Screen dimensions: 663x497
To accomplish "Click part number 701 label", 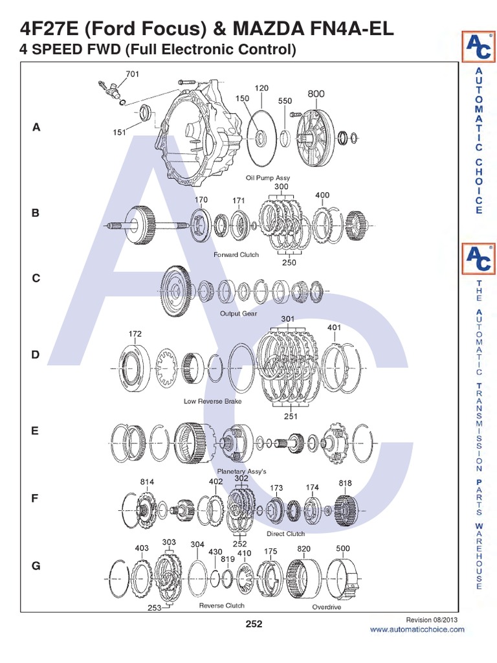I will pyautogui.click(x=132, y=74).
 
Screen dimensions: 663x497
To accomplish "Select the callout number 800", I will pyautogui.click(x=316, y=94).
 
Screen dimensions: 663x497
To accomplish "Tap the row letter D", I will pyautogui.click(x=36, y=355).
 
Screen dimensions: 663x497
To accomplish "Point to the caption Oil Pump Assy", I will pyautogui.click(x=268, y=177).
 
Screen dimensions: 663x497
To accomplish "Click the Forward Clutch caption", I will pyautogui.click(x=236, y=254).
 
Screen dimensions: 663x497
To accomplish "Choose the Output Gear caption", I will pyautogui.click(x=238, y=313).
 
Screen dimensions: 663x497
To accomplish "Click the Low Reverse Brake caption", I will pyautogui.click(x=212, y=401).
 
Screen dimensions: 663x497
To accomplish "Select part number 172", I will pyautogui.click(x=135, y=334).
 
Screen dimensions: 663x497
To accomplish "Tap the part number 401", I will pyautogui.click(x=334, y=328).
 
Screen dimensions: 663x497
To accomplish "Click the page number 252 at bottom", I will pyautogui.click(x=254, y=624).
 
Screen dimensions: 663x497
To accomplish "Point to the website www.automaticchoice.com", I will pyautogui.click(x=417, y=629).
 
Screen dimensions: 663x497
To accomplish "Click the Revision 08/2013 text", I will pyautogui.click(x=441, y=620).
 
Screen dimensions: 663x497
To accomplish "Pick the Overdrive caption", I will pyautogui.click(x=326, y=607).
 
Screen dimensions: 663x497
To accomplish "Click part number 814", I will pyautogui.click(x=148, y=482).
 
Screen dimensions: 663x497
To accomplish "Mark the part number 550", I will pyautogui.click(x=285, y=101).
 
